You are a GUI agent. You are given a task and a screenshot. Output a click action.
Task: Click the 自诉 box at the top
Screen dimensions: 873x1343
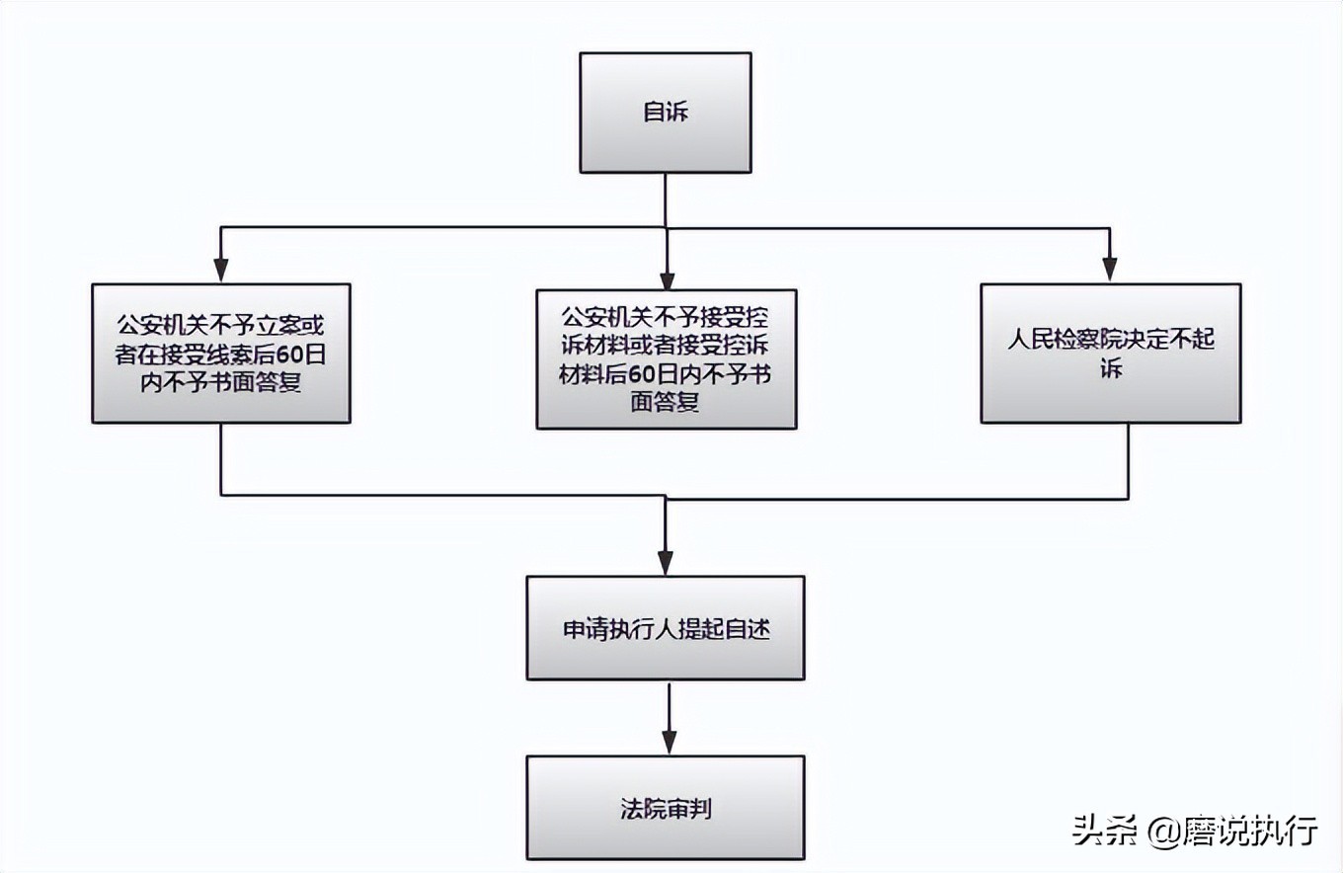tap(665, 113)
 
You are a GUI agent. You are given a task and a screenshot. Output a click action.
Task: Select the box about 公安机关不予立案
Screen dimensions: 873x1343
tap(221, 354)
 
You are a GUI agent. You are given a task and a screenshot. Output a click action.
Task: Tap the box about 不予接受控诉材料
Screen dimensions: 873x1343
tap(666, 359)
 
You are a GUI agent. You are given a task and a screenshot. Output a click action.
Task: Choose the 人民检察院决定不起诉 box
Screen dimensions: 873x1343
tap(1110, 354)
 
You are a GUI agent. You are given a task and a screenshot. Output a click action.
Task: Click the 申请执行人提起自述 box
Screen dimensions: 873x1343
tap(665, 628)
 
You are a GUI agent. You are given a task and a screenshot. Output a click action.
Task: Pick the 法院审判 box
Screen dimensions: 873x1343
tap(665, 808)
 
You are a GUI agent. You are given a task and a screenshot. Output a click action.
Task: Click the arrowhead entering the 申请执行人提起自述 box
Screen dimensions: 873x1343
tap(666, 564)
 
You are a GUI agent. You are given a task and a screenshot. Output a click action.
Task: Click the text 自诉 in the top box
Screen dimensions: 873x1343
tap(665, 113)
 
